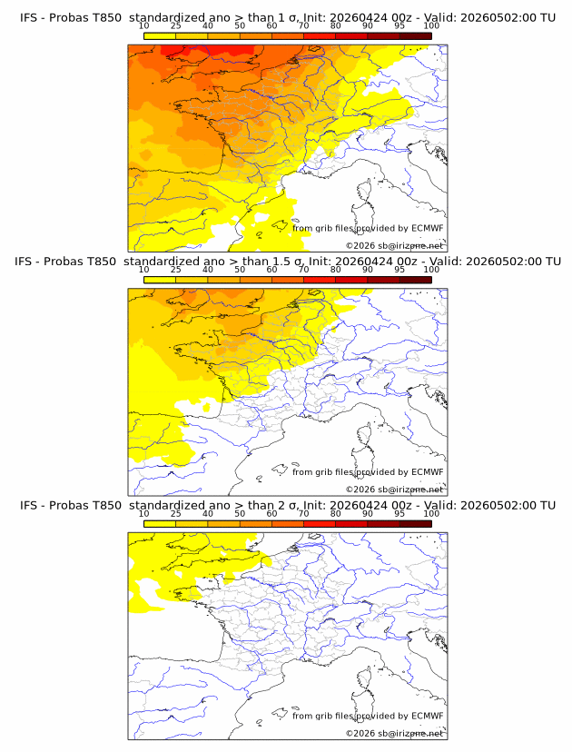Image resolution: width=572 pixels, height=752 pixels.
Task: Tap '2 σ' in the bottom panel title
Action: point(289,506)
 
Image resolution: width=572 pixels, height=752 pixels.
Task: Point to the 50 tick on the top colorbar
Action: point(240,26)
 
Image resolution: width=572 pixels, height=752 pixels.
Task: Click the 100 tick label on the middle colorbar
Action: point(431,270)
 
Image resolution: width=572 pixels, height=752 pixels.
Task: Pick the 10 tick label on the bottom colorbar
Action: point(143,514)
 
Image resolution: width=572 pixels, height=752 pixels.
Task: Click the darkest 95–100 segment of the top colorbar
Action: point(416,36)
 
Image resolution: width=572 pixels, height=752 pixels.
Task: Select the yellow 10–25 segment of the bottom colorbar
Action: point(160,524)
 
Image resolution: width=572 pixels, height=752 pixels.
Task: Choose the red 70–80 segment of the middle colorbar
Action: point(320,280)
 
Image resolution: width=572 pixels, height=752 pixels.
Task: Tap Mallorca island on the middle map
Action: point(280,469)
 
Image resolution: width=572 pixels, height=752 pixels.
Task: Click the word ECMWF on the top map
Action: point(428,228)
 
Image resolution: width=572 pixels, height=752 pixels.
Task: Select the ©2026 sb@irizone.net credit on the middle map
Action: point(395,490)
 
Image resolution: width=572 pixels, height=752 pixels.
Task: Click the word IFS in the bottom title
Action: point(27,506)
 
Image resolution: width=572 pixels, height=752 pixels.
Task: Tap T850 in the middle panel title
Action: point(101,262)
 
